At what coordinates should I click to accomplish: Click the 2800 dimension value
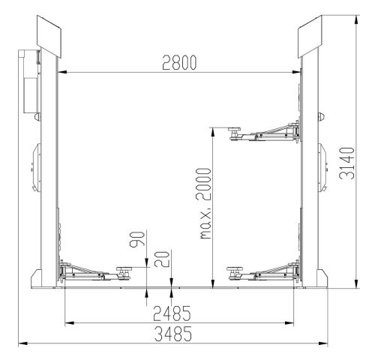click(x=179, y=63)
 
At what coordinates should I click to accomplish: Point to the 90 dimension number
click(x=136, y=242)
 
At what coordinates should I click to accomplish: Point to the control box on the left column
click(x=31, y=82)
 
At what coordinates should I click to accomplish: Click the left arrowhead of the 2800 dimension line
click(x=61, y=73)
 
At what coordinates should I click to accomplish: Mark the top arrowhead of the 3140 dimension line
click(x=354, y=19)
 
